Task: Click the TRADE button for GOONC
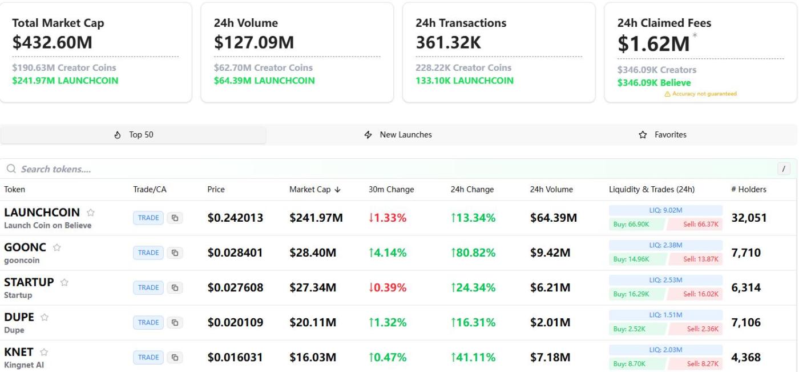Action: tap(148, 253)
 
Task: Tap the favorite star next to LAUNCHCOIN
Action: tap(91, 213)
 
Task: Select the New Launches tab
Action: tap(398, 135)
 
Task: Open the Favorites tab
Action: tap(663, 135)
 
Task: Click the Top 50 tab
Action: tap(134, 135)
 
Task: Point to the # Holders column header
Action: tap(748, 190)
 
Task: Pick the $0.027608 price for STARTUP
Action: tap(235, 287)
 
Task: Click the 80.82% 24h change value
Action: tap(473, 253)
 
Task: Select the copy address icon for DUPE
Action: tap(175, 322)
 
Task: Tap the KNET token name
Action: tap(19, 352)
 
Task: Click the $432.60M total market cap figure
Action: tap(52, 43)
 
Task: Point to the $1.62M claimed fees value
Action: tap(653, 43)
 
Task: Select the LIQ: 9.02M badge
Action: tap(665, 210)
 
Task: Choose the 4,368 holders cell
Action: tap(746, 358)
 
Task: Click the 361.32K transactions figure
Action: tap(449, 43)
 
